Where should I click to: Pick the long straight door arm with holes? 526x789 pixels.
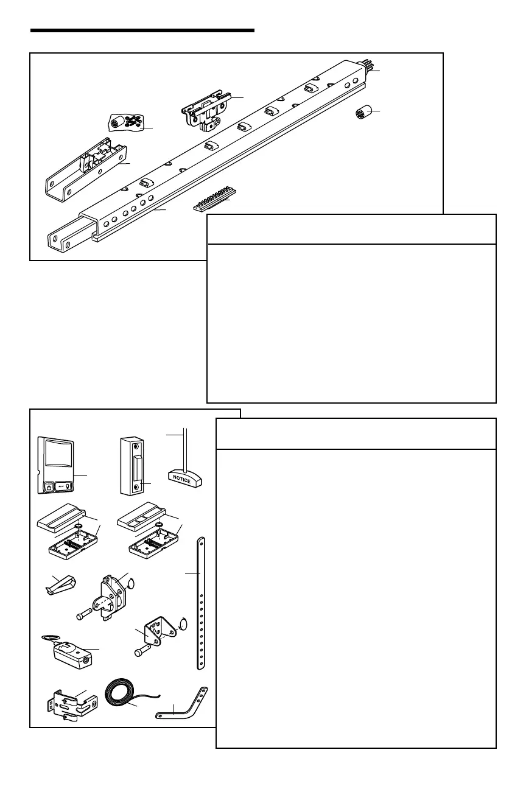pos(202,603)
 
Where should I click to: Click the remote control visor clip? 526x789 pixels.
pos(61,585)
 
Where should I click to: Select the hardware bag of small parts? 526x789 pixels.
pos(127,122)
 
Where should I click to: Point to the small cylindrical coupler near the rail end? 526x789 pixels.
pos(363,114)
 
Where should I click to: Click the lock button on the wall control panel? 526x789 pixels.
pos(48,488)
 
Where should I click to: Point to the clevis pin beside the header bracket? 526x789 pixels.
pos(85,616)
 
